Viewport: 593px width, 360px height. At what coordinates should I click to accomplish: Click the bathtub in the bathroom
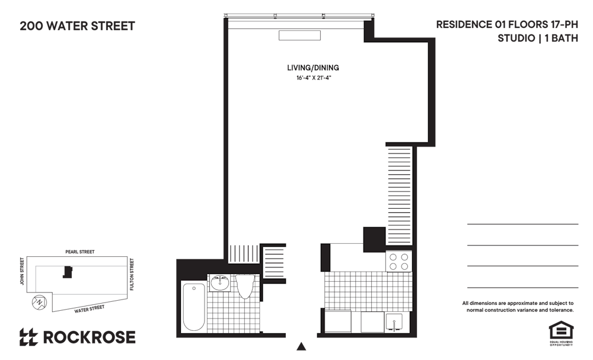click(194, 307)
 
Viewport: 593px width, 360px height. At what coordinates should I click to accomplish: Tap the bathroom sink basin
click(220, 282)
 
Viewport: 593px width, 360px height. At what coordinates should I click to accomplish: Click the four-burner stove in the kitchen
click(398, 262)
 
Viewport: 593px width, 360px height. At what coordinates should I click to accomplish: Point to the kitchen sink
click(394, 323)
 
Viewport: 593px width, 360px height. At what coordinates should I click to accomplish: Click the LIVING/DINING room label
click(313, 68)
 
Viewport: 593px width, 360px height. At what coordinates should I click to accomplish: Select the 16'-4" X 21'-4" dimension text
click(314, 78)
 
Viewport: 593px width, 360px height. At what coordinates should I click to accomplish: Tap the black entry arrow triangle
click(301, 346)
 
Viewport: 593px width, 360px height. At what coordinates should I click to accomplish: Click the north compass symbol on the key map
click(39, 302)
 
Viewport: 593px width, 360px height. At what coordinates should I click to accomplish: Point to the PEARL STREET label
click(80, 251)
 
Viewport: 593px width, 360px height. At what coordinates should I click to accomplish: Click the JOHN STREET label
click(22, 271)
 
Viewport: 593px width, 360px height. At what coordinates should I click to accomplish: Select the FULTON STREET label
click(132, 274)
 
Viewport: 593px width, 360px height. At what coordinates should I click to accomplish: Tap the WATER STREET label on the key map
click(90, 309)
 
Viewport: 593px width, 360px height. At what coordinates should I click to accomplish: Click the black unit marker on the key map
click(68, 272)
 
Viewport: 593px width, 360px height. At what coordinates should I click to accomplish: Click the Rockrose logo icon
click(28, 337)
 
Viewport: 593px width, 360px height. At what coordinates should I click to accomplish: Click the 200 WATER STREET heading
click(77, 26)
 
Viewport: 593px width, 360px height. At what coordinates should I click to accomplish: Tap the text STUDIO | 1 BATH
click(537, 38)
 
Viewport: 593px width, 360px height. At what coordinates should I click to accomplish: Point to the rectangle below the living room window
click(299, 35)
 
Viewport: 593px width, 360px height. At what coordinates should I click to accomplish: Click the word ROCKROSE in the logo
click(90, 337)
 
